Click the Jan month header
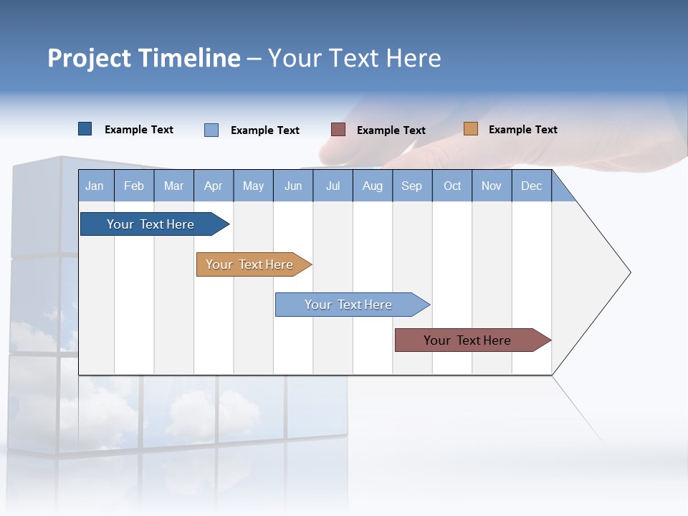95,186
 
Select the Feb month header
134,186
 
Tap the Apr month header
213,186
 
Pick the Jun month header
293,186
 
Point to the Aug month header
372,186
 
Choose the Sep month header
411,186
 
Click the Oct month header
452,186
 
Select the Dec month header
531,186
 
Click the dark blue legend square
85,129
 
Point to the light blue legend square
211,130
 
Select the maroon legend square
338,130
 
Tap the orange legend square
470,129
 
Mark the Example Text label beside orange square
522,130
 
